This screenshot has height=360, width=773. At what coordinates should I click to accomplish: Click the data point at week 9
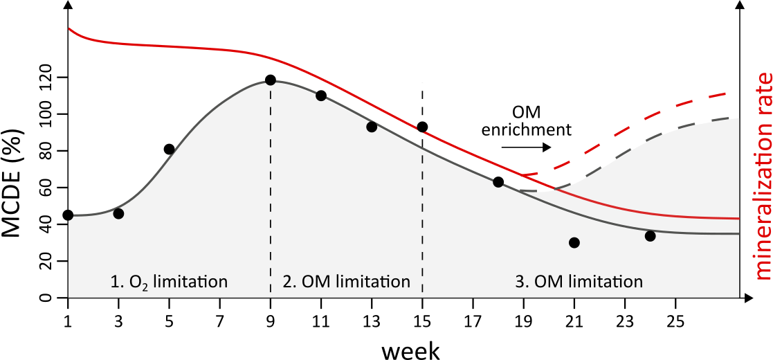270,80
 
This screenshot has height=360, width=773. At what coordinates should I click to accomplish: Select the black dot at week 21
574,242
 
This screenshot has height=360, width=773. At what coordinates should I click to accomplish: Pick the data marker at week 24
650,236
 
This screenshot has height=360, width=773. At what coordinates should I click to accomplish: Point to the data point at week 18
498,182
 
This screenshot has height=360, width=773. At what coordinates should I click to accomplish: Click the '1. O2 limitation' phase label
168,282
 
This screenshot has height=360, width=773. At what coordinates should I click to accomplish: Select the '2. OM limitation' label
347,282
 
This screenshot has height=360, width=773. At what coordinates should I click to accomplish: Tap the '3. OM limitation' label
579,282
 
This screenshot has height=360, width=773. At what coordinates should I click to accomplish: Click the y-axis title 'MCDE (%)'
17,181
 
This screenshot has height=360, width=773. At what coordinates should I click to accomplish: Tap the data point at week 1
68,215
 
